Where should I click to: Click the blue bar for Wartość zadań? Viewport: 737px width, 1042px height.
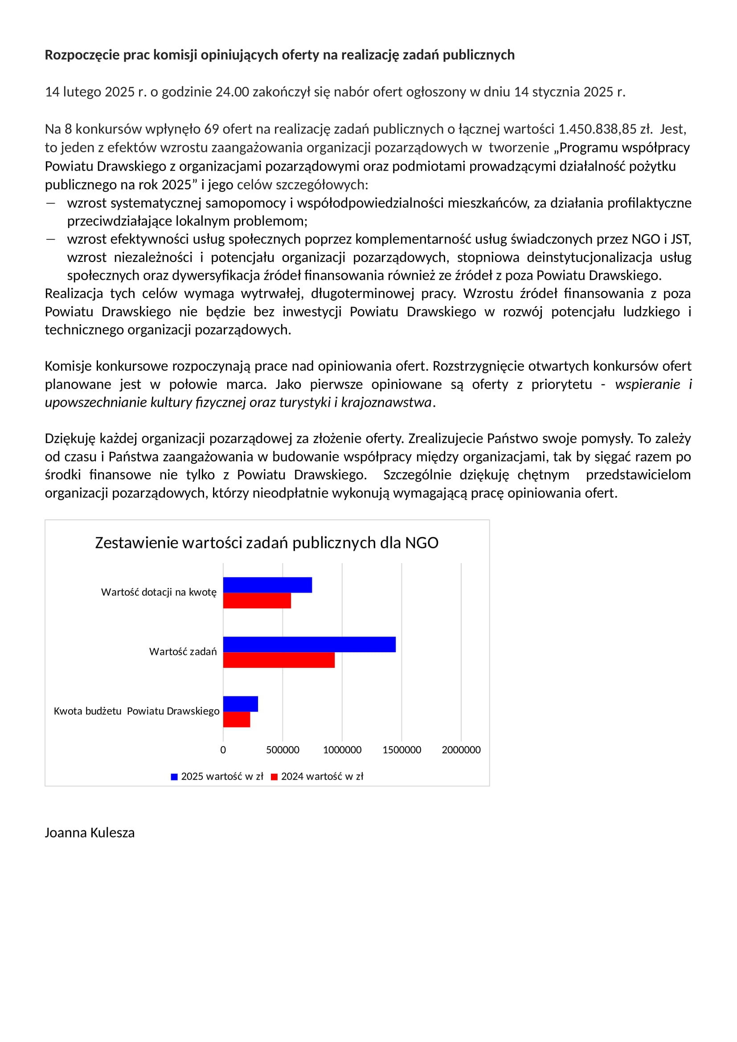[x=309, y=645]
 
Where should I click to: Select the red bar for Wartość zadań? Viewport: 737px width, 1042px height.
[x=278, y=660]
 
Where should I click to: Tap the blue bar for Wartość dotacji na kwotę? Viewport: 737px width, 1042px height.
[x=267, y=585]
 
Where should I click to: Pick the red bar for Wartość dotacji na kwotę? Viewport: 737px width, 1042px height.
[x=257, y=601]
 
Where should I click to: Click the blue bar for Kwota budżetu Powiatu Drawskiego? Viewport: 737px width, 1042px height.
[x=241, y=704]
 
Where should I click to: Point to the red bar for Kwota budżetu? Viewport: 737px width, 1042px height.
[x=237, y=719]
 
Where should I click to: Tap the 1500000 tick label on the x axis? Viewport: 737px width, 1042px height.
[x=401, y=750]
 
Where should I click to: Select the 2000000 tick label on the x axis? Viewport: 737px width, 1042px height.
[x=461, y=750]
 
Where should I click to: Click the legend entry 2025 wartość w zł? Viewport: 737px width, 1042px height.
[x=222, y=776]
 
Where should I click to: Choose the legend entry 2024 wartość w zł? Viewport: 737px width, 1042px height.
[x=322, y=776]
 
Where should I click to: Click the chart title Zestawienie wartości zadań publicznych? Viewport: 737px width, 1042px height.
[x=266, y=543]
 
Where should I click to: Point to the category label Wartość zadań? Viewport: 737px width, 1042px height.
[x=183, y=652]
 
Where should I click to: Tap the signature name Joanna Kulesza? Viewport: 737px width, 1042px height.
[x=90, y=833]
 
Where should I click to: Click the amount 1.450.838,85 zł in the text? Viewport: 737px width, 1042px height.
[x=605, y=129]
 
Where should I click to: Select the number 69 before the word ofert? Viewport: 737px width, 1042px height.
[x=212, y=129]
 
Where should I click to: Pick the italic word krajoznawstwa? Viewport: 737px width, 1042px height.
[x=386, y=403]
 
